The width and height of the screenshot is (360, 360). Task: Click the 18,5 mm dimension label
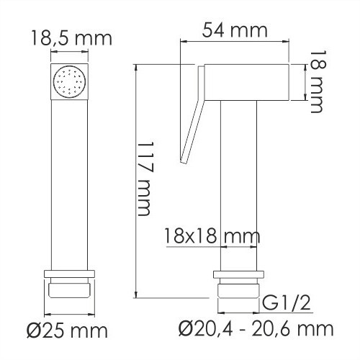tap(71, 37)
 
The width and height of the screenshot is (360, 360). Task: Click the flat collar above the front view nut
tap(70, 273)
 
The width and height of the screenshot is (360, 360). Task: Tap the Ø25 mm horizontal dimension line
tap(70, 315)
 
